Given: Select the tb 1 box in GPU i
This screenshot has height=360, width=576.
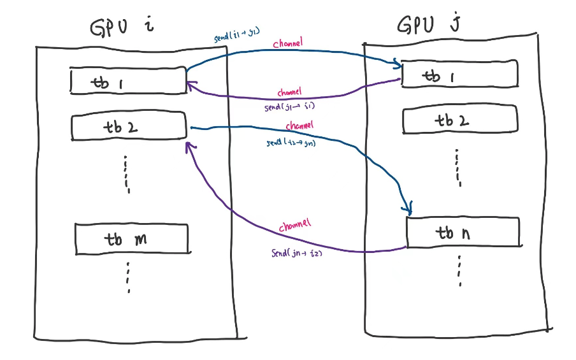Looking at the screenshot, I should tap(128, 82).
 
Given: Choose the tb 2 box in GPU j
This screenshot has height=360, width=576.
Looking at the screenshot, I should tap(461, 120).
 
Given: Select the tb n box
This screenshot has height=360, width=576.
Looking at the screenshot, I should tap(462, 233).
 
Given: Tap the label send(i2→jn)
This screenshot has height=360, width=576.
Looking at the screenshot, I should tap(291, 143).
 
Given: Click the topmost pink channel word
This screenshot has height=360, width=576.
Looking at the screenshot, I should tap(287, 44).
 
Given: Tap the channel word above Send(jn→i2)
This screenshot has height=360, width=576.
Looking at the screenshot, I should tap(294, 226).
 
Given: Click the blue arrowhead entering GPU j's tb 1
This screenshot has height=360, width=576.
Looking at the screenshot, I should tap(399, 64).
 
